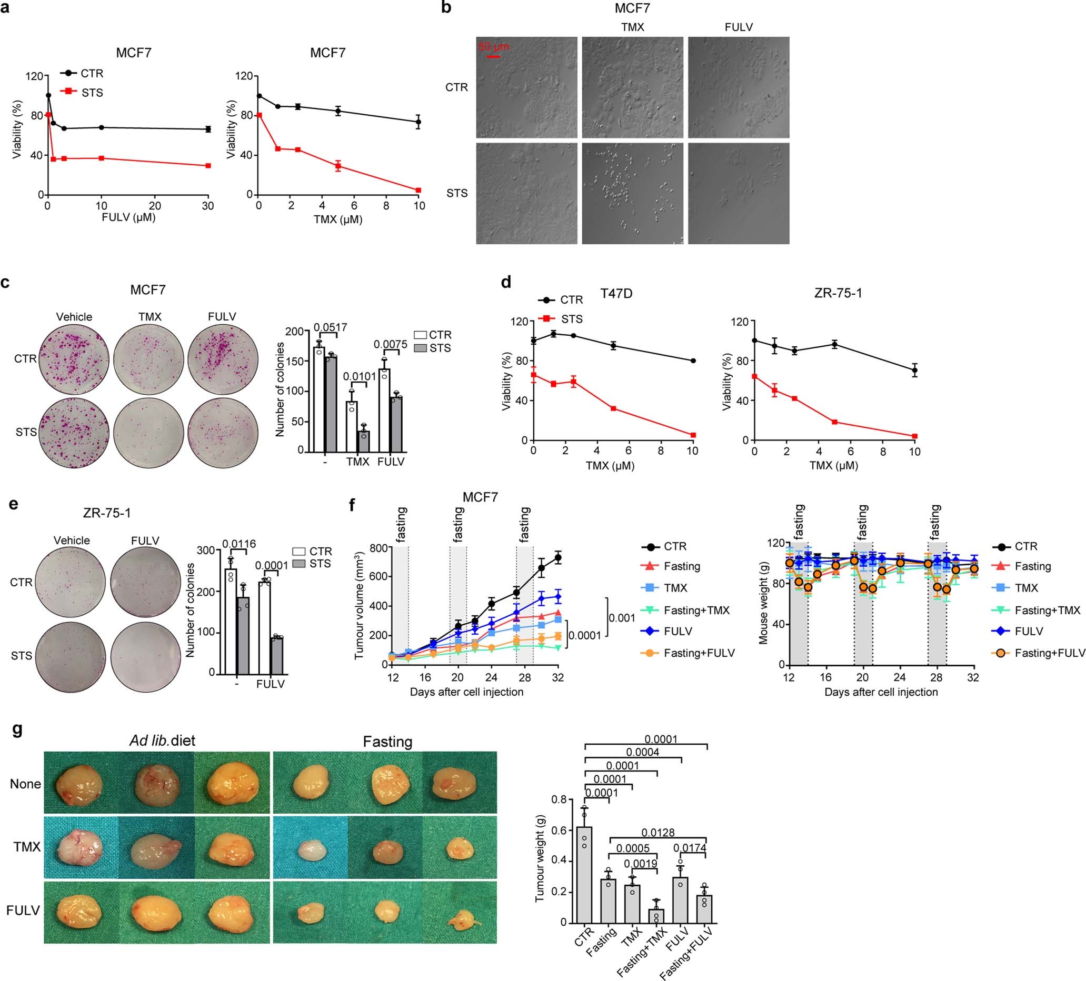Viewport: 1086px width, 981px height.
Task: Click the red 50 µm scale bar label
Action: pos(493,46)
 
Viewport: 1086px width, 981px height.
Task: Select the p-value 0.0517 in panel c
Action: pos(330,327)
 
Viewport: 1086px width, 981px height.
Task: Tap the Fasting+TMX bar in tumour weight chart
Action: pos(655,917)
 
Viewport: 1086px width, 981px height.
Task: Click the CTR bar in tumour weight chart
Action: pos(584,875)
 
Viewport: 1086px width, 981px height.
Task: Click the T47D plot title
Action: pos(616,294)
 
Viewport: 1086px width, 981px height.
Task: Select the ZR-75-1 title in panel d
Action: pos(838,294)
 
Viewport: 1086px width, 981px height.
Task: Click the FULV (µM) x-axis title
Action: pos(128,217)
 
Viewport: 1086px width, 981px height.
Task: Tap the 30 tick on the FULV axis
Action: pos(208,206)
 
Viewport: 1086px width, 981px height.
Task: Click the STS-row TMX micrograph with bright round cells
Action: pos(632,193)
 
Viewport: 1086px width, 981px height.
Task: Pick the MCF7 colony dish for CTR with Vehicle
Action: pos(74,359)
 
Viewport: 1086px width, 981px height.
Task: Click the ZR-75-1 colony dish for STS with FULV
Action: pos(146,656)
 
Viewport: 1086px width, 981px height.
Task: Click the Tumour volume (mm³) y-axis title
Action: pos(360,606)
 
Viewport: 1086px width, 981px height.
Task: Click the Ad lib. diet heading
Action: pos(162,741)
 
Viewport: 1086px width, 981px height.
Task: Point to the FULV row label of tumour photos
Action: pos(23,910)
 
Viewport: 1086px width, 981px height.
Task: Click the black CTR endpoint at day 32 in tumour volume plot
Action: pos(558,558)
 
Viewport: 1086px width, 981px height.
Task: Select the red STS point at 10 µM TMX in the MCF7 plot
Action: pos(418,190)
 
